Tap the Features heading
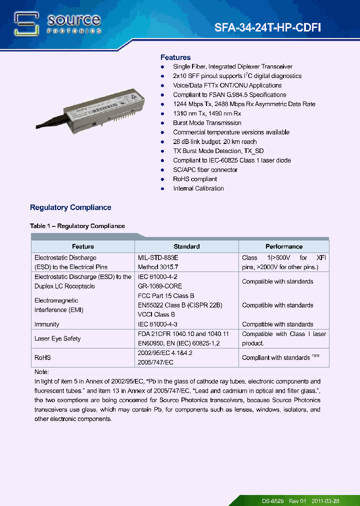click(175, 57)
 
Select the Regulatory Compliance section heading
click(70, 207)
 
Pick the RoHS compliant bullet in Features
click(195, 179)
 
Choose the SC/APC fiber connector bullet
click(205, 169)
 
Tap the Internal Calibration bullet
click(198, 188)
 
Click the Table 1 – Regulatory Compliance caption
click(77, 226)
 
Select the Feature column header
click(83, 246)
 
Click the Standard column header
click(186, 246)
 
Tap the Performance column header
click(283, 246)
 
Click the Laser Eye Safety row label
click(57, 338)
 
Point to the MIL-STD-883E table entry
click(158, 257)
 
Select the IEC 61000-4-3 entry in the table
click(157, 324)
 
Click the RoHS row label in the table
click(42, 357)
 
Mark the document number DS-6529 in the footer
click(273, 501)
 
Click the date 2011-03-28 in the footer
click(325, 501)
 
